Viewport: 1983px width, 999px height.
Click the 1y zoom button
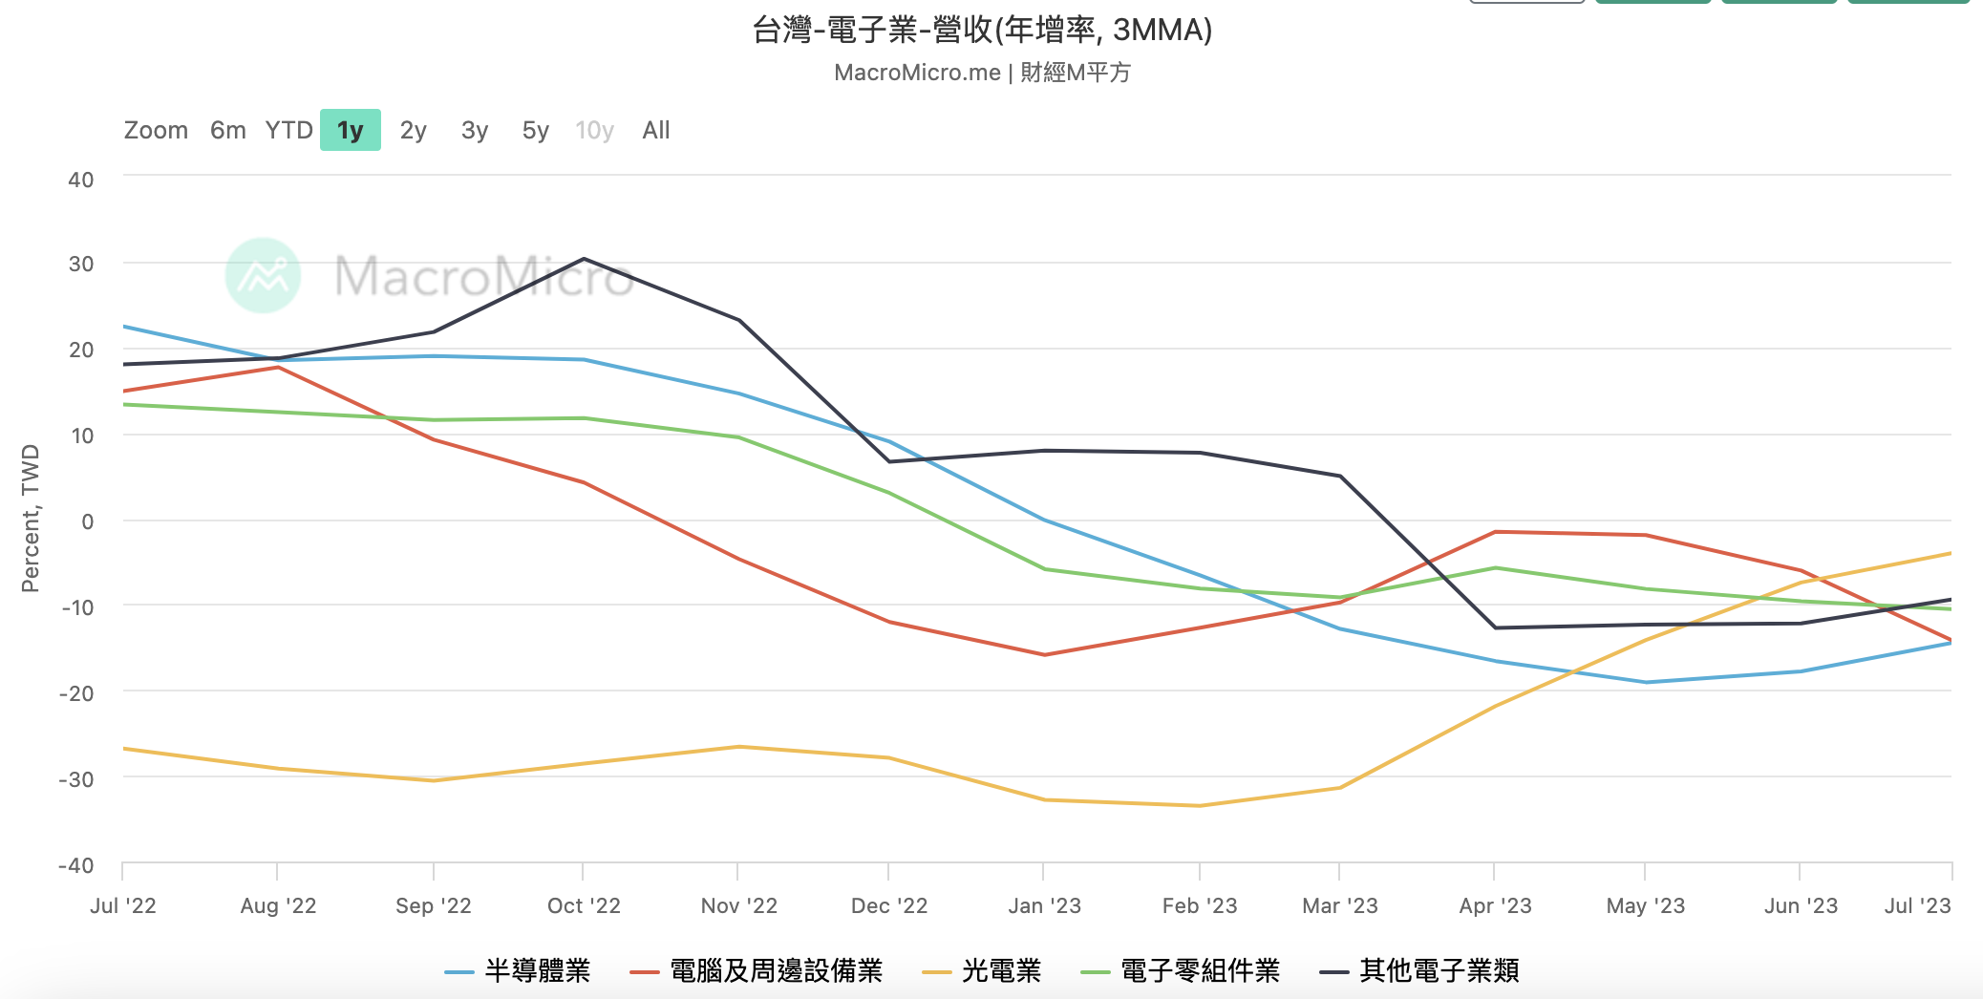click(x=351, y=130)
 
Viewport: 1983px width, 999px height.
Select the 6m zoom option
click(x=228, y=130)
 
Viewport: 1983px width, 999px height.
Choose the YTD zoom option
click(x=288, y=130)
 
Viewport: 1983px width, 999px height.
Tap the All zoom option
click(x=656, y=130)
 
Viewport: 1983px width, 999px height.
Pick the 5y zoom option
click(x=535, y=130)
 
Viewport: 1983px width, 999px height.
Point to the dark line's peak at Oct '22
click(x=584, y=259)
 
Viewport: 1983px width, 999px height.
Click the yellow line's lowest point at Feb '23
click(x=1200, y=806)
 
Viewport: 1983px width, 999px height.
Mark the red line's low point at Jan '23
click(x=1044, y=655)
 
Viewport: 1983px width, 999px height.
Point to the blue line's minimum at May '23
click(x=1646, y=683)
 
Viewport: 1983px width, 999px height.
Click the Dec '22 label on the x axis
click(x=889, y=905)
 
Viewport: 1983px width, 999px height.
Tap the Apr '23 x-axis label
click(x=1495, y=905)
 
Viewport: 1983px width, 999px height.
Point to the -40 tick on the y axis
click(x=76, y=866)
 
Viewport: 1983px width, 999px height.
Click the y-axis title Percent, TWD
click(x=31, y=519)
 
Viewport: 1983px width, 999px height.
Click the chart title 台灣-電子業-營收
click(x=982, y=31)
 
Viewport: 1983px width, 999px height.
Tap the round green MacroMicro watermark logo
click(x=264, y=275)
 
